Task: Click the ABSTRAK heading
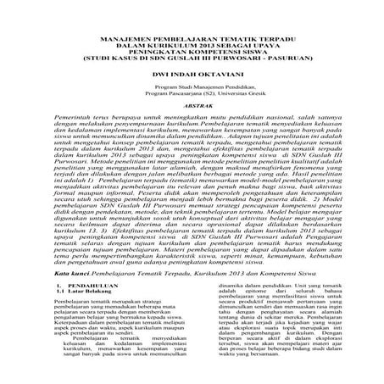click(x=192, y=107)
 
